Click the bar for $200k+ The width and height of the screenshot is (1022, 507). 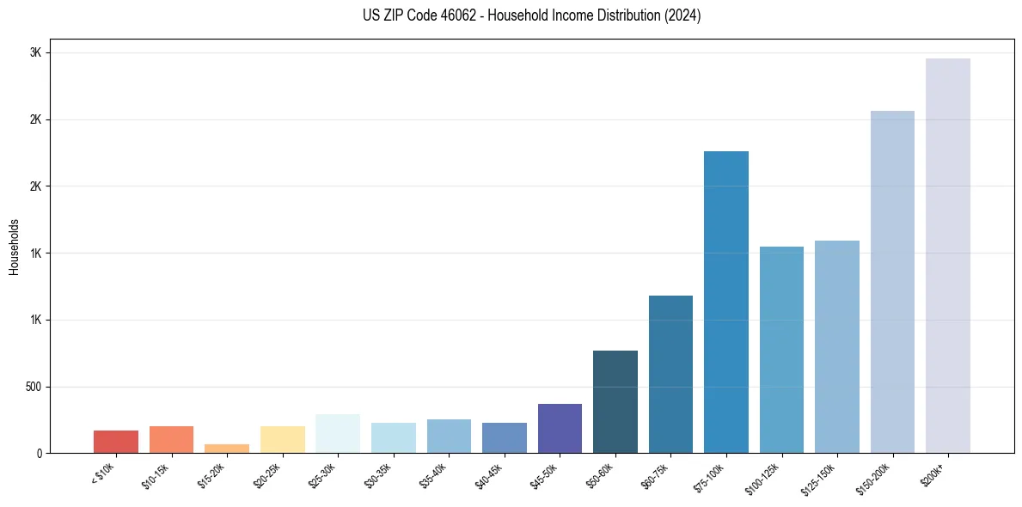(947, 255)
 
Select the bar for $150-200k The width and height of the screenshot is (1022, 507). (892, 282)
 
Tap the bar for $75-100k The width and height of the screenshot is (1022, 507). (725, 302)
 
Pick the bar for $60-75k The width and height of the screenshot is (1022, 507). (670, 374)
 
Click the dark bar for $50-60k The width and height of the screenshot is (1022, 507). (615, 401)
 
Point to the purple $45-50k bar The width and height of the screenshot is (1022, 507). (560, 428)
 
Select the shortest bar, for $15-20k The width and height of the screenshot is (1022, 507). (227, 449)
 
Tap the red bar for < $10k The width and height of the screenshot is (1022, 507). (116, 442)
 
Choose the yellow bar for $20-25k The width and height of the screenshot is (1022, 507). (282, 439)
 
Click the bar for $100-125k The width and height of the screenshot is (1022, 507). (781, 350)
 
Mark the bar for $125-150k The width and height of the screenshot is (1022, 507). (836, 346)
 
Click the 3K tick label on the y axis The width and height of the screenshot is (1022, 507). (35, 52)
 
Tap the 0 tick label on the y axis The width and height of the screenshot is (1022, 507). (40, 454)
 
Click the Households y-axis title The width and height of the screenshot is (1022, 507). (14, 247)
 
